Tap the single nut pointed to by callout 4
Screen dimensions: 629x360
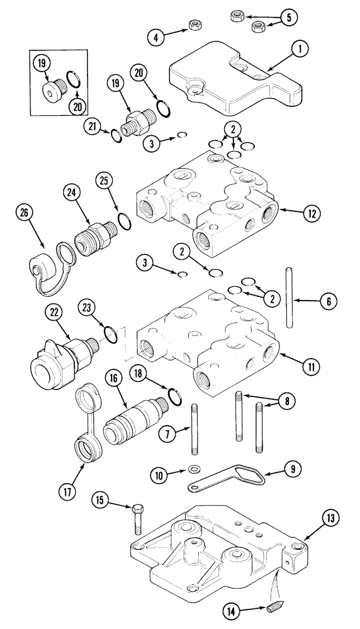click(x=195, y=25)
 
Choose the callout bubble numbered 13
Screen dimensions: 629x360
click(x=331, y=518)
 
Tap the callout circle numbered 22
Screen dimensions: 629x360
click(x=53, y=311)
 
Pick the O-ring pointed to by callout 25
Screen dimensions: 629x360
click(x=123, y=221)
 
